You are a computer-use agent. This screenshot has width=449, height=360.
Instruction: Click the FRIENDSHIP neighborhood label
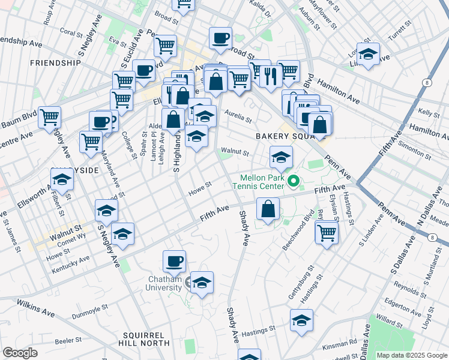pos(55,62)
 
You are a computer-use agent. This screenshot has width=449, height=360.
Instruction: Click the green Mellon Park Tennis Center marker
pos(294,180)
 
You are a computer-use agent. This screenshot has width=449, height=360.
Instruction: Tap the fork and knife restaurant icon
pos(270,75)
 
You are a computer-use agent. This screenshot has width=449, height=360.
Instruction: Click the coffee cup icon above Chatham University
pos(174,261)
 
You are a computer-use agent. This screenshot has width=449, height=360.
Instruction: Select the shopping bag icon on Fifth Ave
pos(268,209)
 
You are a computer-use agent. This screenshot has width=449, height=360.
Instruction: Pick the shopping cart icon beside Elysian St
pos(327,232)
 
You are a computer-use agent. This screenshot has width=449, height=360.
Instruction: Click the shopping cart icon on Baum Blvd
pos(49,116)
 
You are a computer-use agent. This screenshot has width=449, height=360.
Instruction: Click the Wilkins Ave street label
pos(36,308)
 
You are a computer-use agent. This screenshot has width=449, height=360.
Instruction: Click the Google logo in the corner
pos(20,352)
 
